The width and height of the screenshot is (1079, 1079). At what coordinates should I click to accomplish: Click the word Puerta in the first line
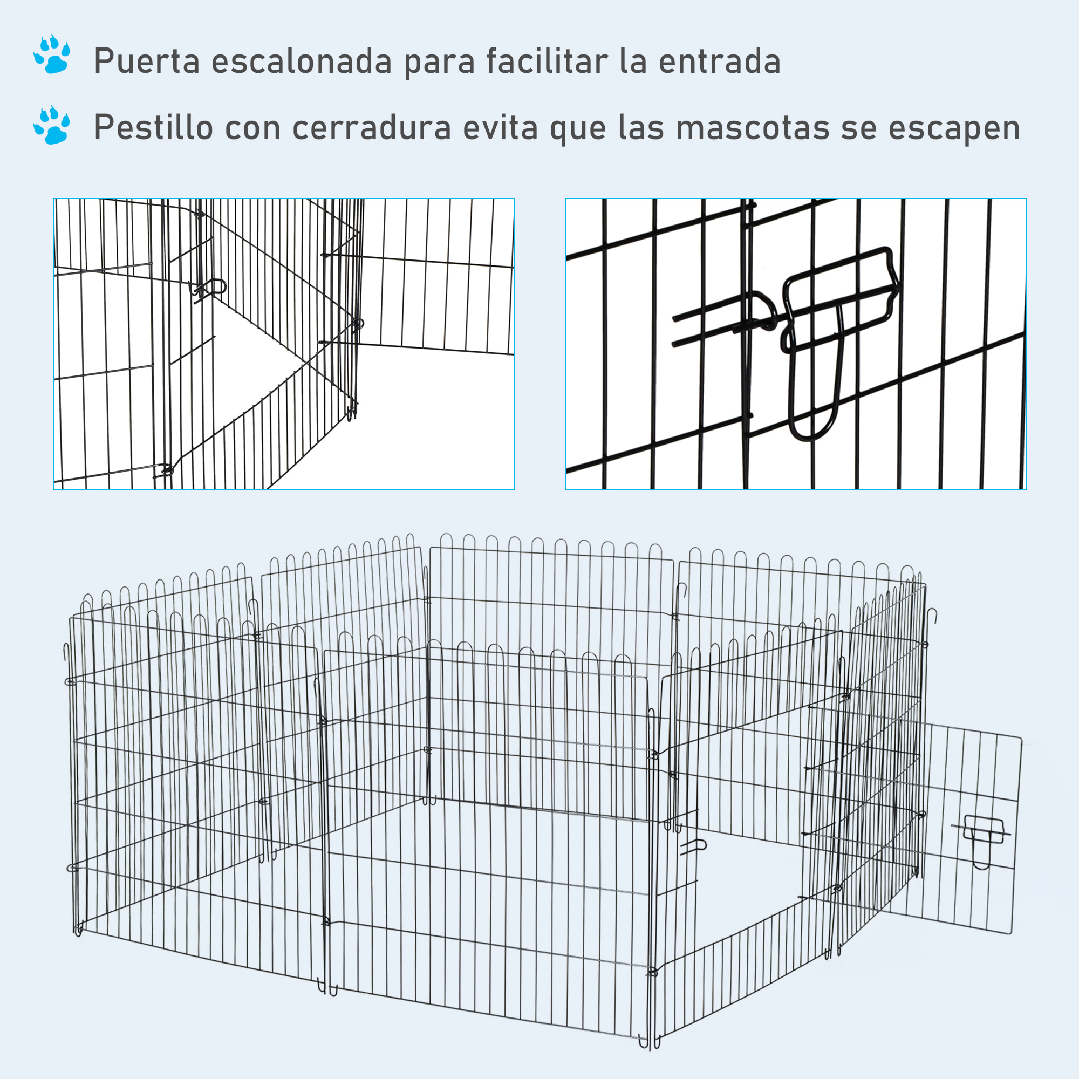tap(146, 61)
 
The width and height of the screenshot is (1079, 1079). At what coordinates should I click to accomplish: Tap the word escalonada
tap(302, 61)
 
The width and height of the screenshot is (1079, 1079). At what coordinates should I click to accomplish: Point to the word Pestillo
tap(153, 127)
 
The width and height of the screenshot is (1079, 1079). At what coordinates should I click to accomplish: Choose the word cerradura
tap(371, 127)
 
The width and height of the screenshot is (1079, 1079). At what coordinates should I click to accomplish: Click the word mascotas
tap(752, 127)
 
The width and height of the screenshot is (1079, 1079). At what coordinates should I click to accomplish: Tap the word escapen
tap(954, 127)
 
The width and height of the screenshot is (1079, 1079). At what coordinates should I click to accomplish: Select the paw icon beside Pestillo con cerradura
tap(52, 125)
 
